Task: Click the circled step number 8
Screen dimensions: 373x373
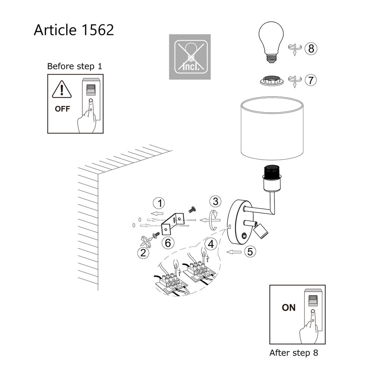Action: (x=311, y=48)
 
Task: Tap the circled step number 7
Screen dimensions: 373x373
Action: (x=311, y=80)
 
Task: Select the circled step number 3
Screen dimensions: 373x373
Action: (x=215, y=201)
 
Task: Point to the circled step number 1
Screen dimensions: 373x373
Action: (x=159, y=203)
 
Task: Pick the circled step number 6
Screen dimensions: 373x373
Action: (x=168, y=243)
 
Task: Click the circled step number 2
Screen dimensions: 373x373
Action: (x=144, y=253)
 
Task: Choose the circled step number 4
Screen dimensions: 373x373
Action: (x=211, y=244)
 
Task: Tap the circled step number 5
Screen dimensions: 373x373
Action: (x=250, y=251)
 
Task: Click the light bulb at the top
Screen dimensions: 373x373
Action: (x=271, y=42)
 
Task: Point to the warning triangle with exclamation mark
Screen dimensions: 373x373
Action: (x=62, y=89)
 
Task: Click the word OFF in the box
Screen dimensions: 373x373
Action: (x=62, y=109)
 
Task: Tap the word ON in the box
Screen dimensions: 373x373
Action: (x=288, y=307)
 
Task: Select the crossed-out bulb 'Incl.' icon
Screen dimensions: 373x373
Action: (x=190, y=57)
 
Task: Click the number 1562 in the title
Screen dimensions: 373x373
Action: (x=98, y=30)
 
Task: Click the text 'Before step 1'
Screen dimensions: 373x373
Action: (x=75, y=66)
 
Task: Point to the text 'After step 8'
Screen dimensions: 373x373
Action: (x=294, y=353)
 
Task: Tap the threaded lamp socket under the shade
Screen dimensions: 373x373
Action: (x=272, y=178)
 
